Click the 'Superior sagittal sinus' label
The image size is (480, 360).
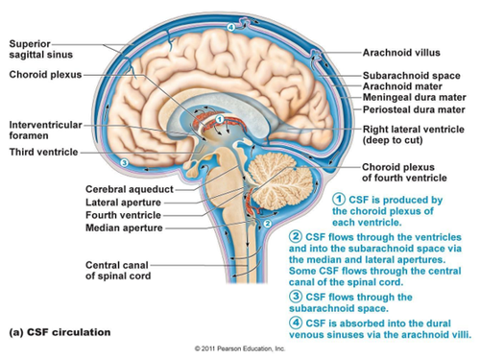tap(41, 49)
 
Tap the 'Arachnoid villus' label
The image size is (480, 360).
tap(401, 53)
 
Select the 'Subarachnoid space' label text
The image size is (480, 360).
tap(412, 76)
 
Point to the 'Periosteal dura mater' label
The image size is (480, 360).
tap(414, 109)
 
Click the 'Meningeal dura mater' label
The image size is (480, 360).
tap(414, 97)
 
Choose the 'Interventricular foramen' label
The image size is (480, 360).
tap(45, 130)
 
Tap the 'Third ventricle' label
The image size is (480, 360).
tap(43, 152)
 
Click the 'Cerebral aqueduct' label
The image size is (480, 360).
tap(130, 189)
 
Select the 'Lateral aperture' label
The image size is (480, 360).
tap(123, 203)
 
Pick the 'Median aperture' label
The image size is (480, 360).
tap(124, 228)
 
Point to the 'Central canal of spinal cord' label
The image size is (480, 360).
tap(118, 271)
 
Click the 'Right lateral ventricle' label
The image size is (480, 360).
tap(413, 134)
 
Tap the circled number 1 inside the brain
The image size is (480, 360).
tap(220, 119)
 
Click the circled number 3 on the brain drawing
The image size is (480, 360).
tap(124, 163)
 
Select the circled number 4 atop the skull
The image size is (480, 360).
tap(231, 28)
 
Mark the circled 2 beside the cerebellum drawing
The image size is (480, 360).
tap(268, 224)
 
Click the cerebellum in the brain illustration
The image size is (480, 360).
tap(281, 182)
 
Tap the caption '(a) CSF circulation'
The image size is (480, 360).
tap(60, 332)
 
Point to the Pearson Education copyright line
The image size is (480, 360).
tap(240, 348)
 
